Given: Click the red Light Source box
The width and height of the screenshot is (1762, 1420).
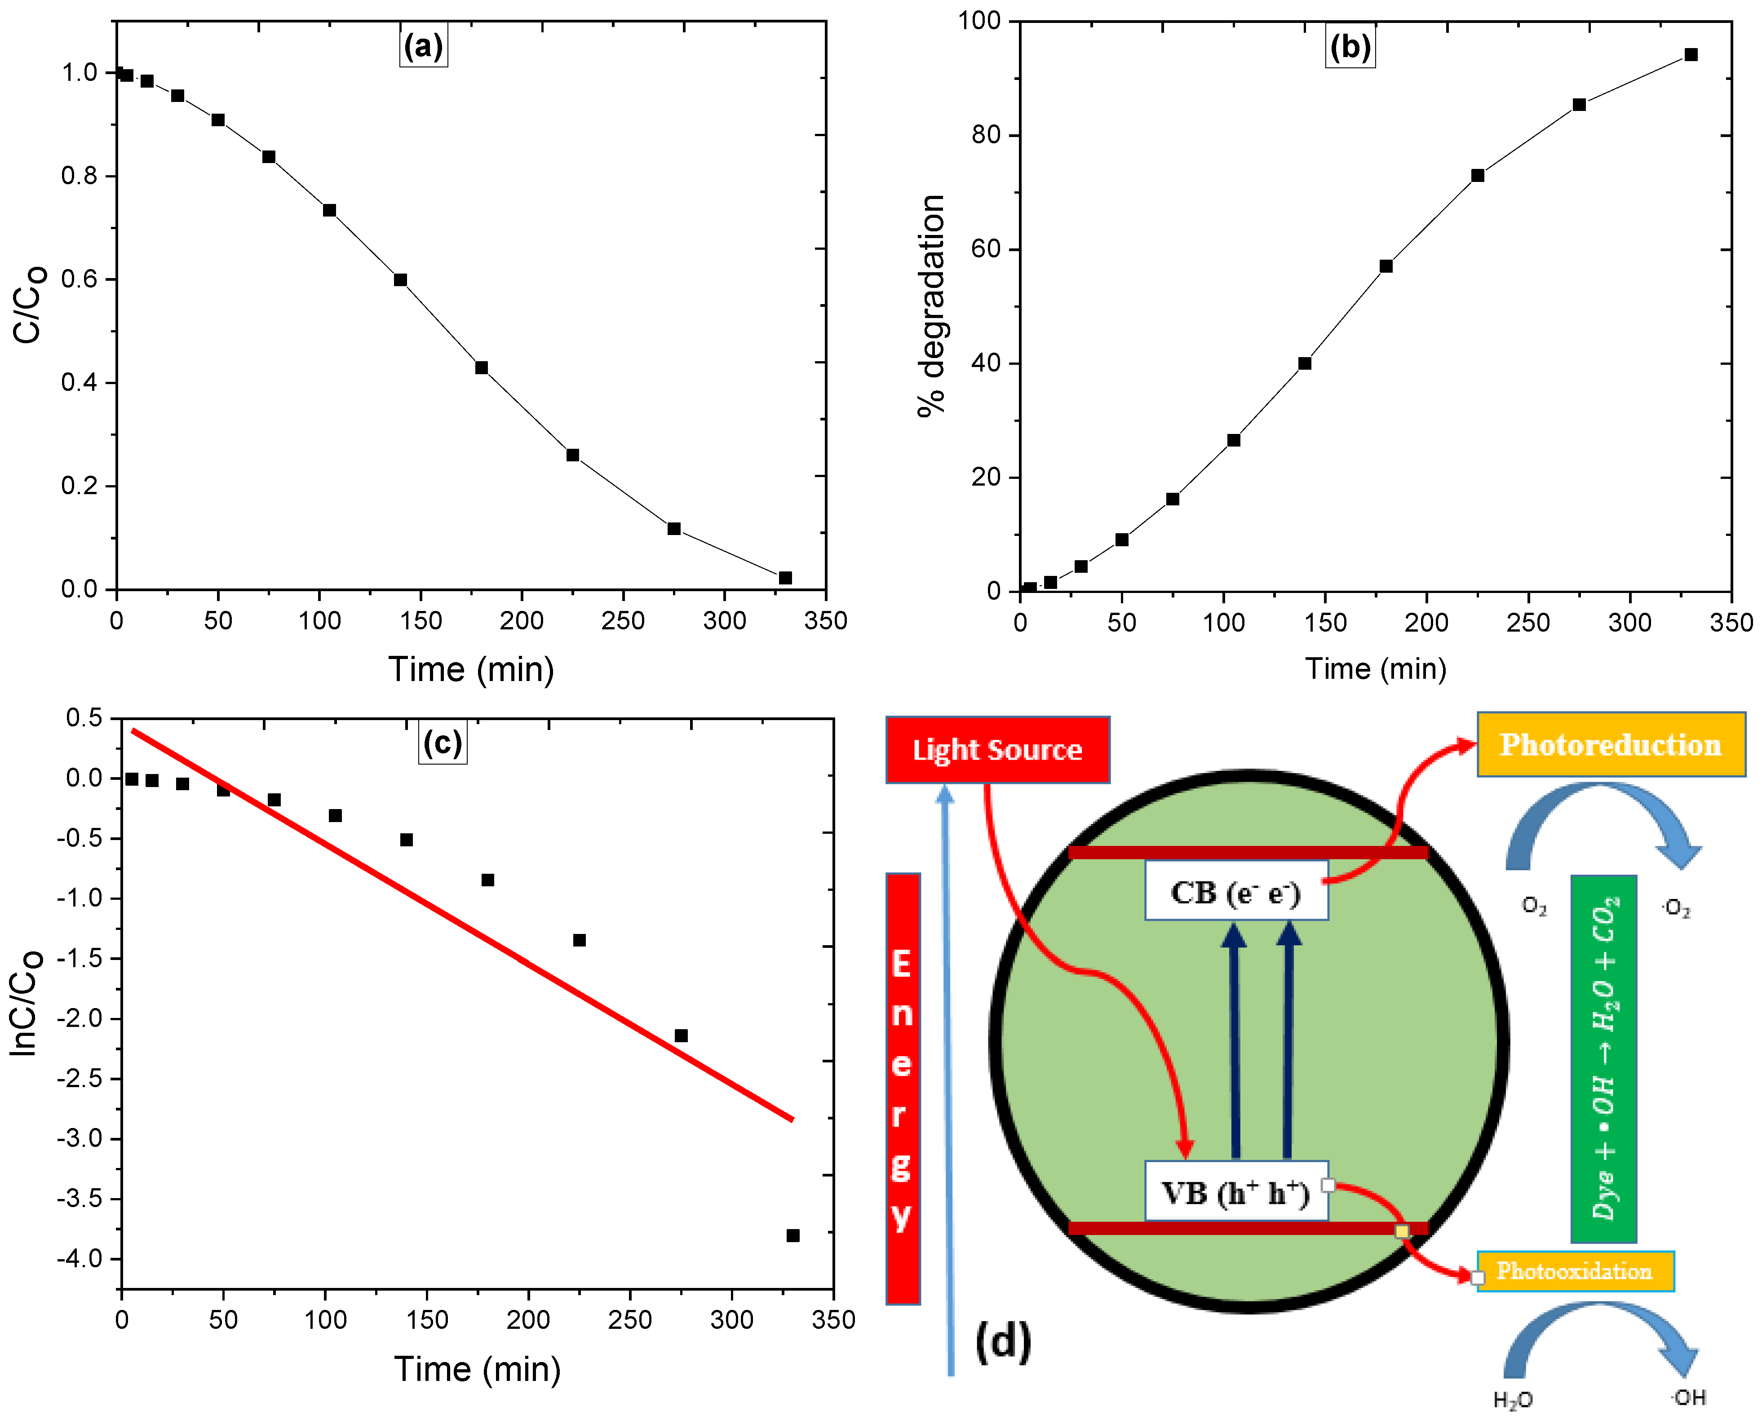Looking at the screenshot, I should point(997,749).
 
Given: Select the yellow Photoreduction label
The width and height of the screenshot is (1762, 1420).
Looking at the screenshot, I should point(1610,744).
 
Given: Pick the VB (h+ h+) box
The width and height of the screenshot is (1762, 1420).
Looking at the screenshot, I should point(1235,1193).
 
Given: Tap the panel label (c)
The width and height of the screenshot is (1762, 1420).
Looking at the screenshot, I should point(443,742).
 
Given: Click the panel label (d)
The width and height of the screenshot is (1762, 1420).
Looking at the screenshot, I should point(1003,1342).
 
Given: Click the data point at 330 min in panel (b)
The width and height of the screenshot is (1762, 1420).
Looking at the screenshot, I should point(1691,55).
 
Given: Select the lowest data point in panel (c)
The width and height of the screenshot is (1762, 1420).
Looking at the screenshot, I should point(792,1235).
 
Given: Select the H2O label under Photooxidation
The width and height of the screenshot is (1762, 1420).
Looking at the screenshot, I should point(1513,1400).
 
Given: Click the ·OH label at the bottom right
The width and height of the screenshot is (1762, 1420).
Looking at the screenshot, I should point(1687,1397).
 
